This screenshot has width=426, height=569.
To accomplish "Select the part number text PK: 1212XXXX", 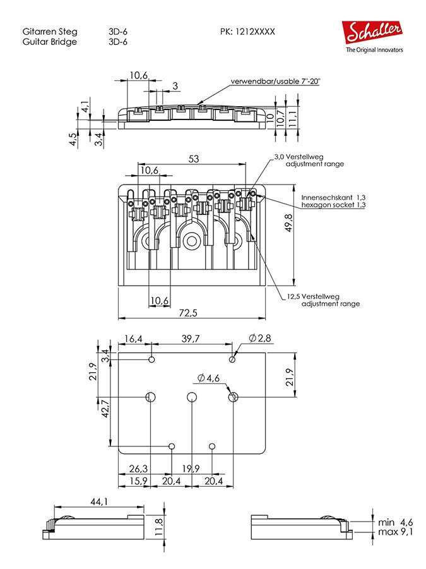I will (247, 31).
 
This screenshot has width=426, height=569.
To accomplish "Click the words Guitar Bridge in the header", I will (49, 42).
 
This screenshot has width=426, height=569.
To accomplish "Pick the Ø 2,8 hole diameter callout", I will (259, 339).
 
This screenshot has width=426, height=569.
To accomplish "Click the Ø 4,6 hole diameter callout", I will (208, 377).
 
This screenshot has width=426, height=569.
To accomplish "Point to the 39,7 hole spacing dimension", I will (191, 339).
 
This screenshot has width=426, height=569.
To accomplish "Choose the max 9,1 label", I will (395, 532).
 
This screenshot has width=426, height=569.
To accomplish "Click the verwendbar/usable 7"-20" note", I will (275, 82).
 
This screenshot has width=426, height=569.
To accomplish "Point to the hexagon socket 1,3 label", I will (333, 205).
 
